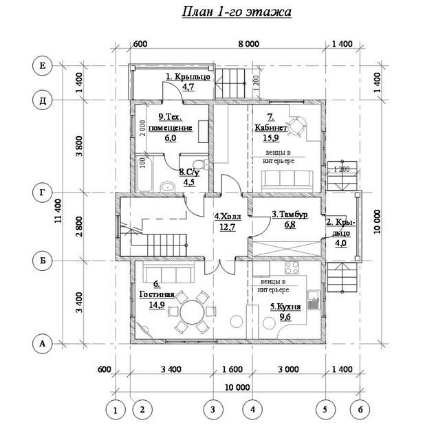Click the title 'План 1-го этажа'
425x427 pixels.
237,12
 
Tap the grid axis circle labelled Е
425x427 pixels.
42,66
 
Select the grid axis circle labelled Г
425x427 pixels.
42,193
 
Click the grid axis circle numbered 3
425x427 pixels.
213,409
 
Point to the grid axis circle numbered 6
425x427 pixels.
360,409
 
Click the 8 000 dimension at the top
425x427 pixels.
249,44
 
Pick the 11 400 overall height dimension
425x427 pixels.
58,210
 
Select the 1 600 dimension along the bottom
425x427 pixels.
232,369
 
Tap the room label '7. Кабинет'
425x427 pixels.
270,122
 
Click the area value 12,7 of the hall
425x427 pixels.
227,227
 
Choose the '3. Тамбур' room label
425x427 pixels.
290,215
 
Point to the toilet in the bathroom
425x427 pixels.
200,164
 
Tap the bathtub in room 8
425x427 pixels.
144,174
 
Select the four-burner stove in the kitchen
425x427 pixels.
292,268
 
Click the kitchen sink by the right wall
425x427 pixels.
314,300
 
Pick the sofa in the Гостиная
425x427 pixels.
169,273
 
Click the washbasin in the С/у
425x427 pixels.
167,187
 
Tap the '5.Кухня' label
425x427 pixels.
285,307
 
